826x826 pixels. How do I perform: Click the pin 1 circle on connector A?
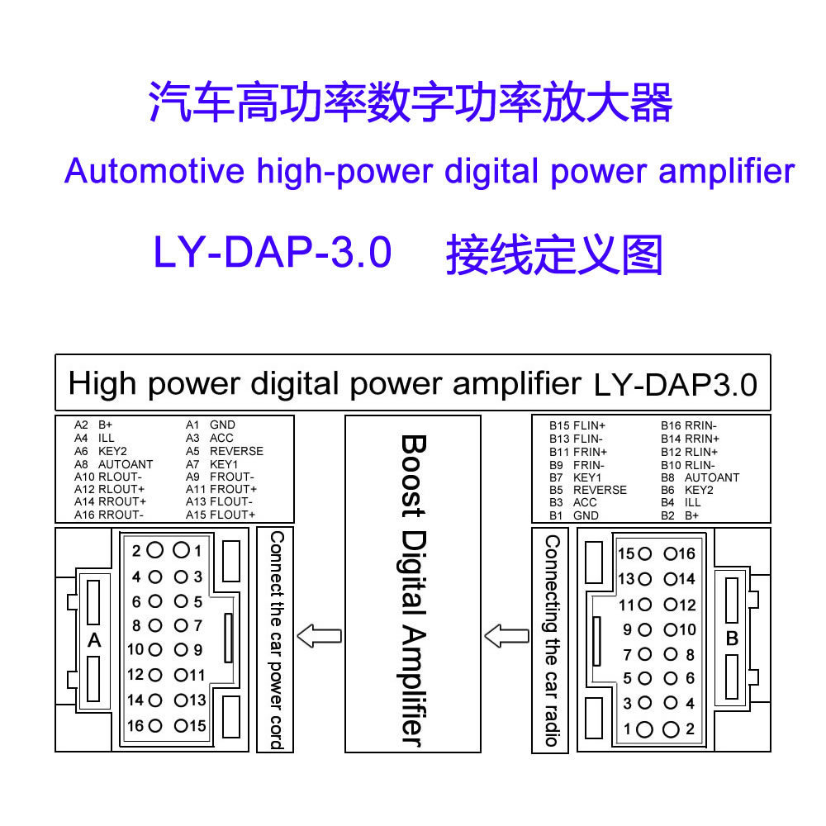point(180,550)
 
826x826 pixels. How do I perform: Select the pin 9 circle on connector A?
point(180,650)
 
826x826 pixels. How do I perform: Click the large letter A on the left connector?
point(94,640)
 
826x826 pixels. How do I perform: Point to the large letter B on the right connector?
point(731,638)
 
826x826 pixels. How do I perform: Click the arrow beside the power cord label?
point(318,636)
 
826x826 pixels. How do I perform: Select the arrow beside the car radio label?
point(506,636)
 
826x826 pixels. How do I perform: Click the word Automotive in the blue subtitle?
point(154,171)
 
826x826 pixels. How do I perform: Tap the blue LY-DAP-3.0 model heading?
point(273,253)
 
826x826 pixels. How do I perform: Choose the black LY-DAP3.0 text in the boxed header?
point(675,385)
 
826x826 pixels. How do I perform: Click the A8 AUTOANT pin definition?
point(114,464)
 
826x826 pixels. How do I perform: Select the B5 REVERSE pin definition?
point(588,490)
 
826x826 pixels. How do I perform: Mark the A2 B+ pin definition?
point(93,425)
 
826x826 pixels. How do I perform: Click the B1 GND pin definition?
point(575,515)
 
